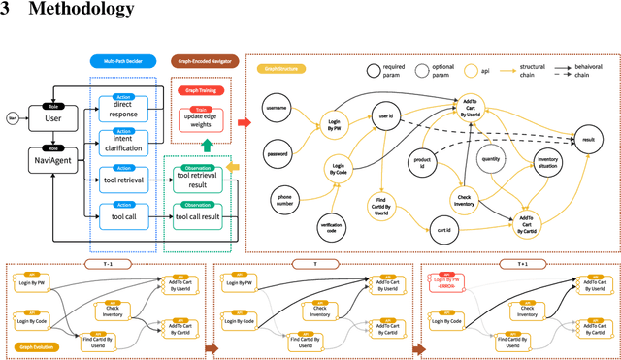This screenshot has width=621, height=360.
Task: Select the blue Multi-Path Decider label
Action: [x=116, y=59]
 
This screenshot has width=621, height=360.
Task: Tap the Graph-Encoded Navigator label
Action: [x=205, y=59]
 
